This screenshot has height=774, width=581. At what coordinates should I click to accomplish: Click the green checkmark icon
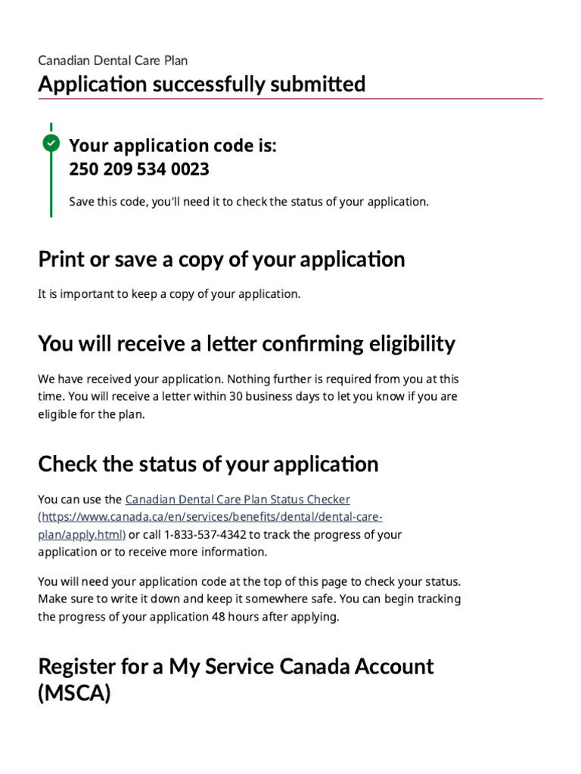(51, 143)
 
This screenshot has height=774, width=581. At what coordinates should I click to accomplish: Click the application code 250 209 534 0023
(139, 169)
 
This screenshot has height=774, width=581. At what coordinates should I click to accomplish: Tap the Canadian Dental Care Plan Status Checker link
(237, 500)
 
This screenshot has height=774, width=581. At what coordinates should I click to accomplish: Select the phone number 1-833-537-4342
(199, 534)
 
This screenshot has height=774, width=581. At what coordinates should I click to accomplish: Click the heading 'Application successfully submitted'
(202, 84)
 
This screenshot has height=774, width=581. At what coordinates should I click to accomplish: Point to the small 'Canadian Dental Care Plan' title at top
(113, 60)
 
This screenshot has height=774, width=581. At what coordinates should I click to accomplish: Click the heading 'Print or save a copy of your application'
(222, 259)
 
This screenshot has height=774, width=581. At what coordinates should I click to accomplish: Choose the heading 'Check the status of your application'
(208, 463)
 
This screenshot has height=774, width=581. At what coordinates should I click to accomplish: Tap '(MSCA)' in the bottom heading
(74, 694)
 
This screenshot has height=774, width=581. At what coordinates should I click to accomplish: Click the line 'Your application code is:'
(172, 146)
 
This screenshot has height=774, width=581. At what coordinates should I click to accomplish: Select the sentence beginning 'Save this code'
(249, 202)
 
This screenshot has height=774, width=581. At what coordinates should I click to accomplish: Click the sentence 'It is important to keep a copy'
(169, 294)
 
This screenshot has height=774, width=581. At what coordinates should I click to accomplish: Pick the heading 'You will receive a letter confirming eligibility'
(247, 344)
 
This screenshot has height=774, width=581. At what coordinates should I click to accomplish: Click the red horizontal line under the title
(290, 99)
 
